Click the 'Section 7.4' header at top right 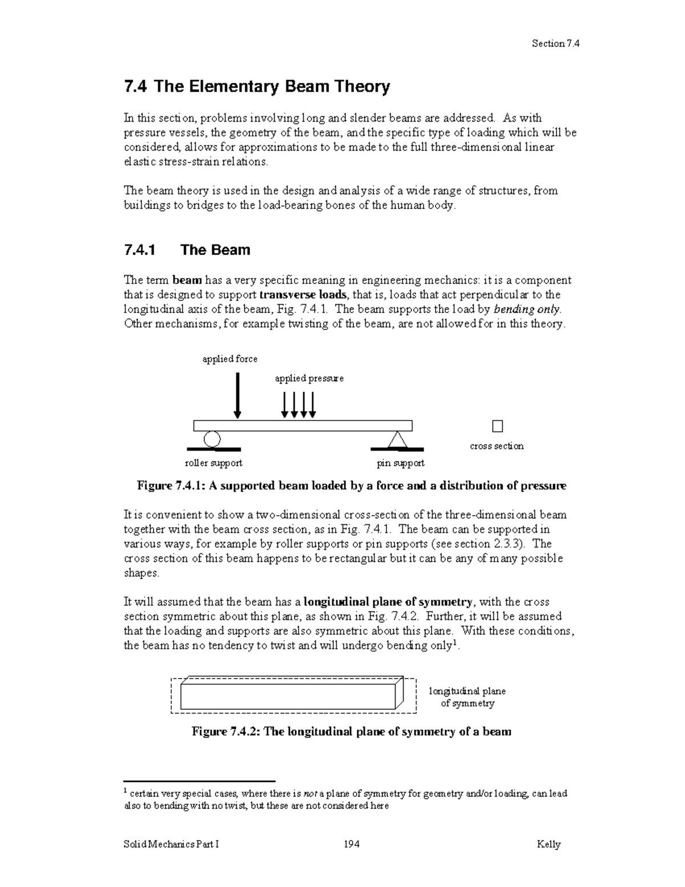coord(555,43)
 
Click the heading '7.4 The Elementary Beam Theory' coord(257,87)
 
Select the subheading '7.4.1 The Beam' coord(187,250)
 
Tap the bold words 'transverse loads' coord(303,295)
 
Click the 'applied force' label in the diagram coord(230,359)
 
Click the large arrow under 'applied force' coord(237,396)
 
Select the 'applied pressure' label coord(309,378)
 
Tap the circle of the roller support coord(212,439)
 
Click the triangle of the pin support coord(397,440)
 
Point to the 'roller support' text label coord(213,463)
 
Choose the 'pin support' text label coord(400,463)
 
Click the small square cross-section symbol coord(497,426)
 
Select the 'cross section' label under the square coord(496,446)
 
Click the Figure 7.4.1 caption coord(351,486)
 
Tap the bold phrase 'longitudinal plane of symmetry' coord(388,602)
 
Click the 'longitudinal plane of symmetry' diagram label coord(467,697)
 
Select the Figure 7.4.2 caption coord(351,732)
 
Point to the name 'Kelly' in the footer coord(548,844)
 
